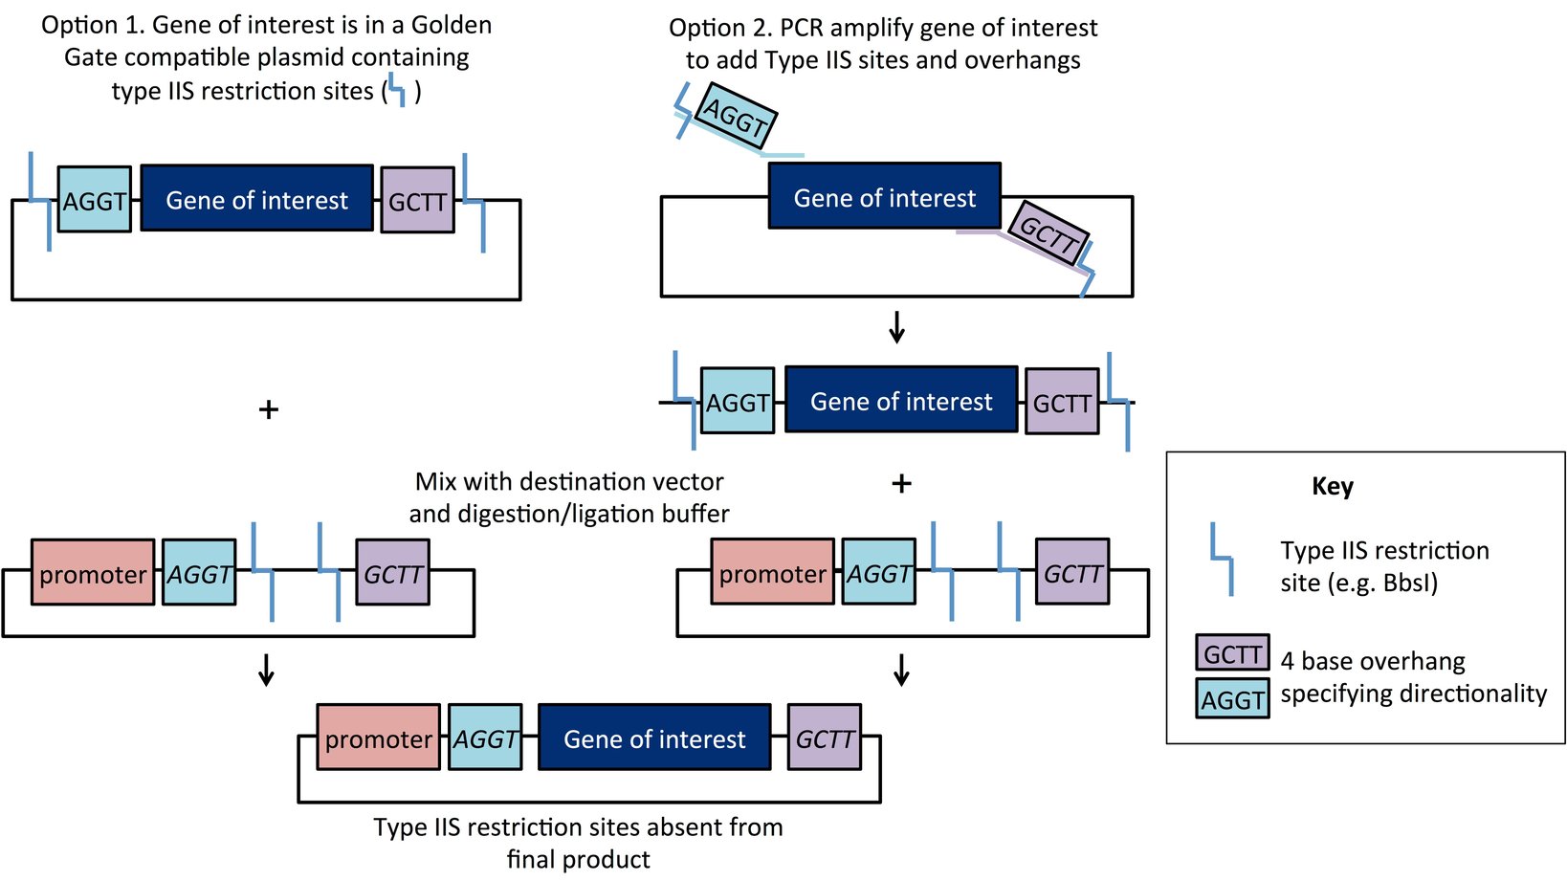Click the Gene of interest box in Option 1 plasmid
pos(256,199)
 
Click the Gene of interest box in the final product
pos(654,738)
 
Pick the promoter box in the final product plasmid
pos(378,738)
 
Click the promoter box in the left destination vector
pos(93,573)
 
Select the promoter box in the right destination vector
pos(772,573)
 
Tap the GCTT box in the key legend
pos(1232,653)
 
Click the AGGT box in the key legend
pos(1232,699)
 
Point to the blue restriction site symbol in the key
pos(1222,559)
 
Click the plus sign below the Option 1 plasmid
pos(269,409)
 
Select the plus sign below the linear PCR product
pos(901,483)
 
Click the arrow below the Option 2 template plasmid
pos(896,327)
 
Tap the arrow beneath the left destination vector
pos(267,670)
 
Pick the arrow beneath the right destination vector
pos(901,670)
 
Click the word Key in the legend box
pos(1333,486)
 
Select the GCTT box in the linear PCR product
pos(1062,402)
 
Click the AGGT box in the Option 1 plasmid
pos(94,200)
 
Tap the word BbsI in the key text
pos(1405,583)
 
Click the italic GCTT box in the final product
pos(824,738)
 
